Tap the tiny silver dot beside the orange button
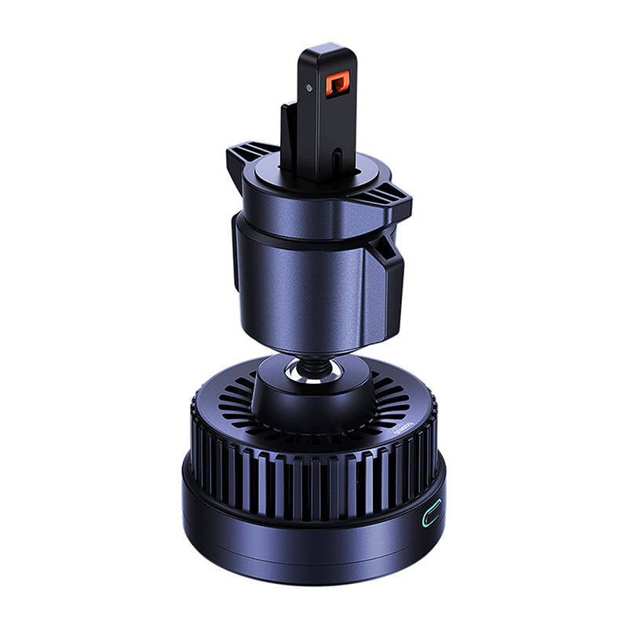tap(311, 88)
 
